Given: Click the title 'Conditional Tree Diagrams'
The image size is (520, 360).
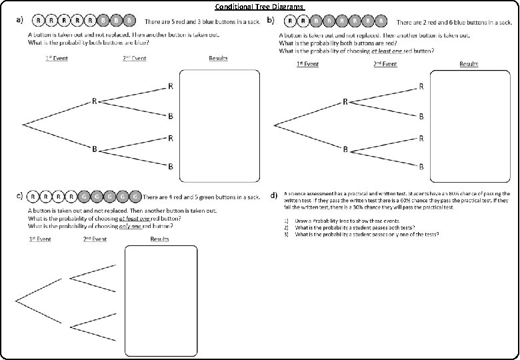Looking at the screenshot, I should (259, 7).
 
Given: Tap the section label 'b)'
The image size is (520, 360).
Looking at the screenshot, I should (271, 20).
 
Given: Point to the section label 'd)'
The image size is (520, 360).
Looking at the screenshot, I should (273, 195).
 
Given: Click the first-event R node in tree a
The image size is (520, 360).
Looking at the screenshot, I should (95, 101).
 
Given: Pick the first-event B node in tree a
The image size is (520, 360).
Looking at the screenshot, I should (95, 148).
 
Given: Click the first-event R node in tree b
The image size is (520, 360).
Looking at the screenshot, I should (345, 101).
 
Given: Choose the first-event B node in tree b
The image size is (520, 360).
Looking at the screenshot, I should (345, 149).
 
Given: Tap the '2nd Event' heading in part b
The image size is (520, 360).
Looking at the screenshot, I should (385, 64).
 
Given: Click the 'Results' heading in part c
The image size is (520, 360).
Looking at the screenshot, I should (159, 239).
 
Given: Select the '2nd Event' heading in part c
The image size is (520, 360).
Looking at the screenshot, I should (95, 239).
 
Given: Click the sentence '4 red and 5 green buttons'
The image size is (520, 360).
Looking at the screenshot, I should (201, 197).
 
